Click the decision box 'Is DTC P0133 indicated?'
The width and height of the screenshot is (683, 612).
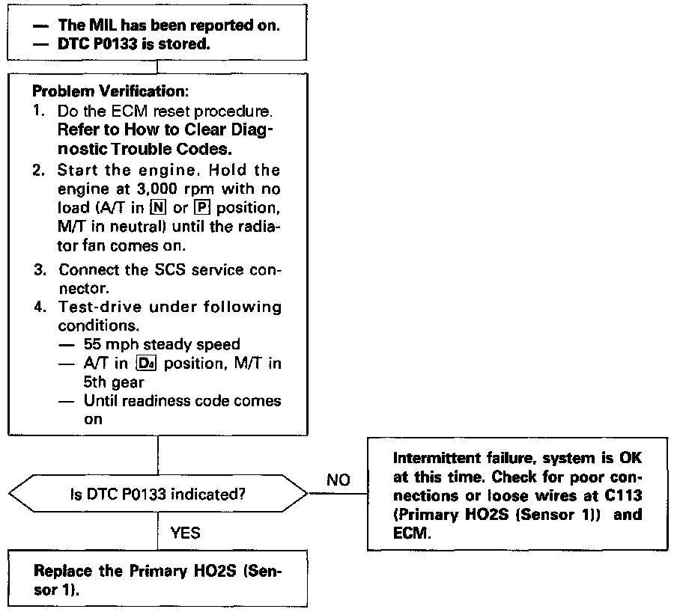158,494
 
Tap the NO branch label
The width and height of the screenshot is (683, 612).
339,480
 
